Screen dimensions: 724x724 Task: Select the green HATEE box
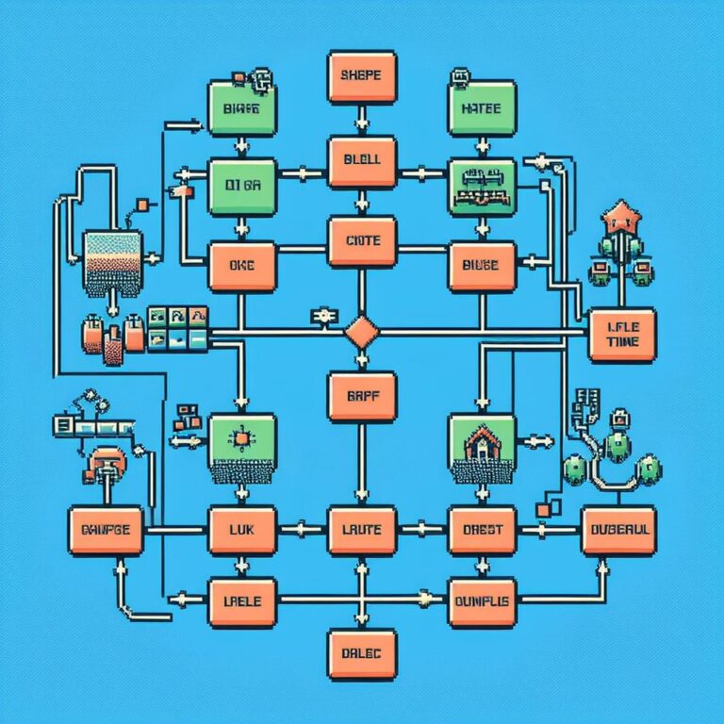tap(484, 108)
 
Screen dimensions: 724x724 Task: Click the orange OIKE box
tap(241, 267)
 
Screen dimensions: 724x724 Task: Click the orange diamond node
tap(363, 332)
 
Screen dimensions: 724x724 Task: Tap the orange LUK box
tap(241, 531)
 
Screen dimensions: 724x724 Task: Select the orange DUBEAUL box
tap(619, 531)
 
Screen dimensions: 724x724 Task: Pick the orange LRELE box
tap(241, 601)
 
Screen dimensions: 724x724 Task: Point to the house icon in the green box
tap(483, 441)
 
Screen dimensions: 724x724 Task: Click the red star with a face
tap(621, 214)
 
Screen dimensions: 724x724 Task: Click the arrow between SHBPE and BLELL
tap(363, 120)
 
